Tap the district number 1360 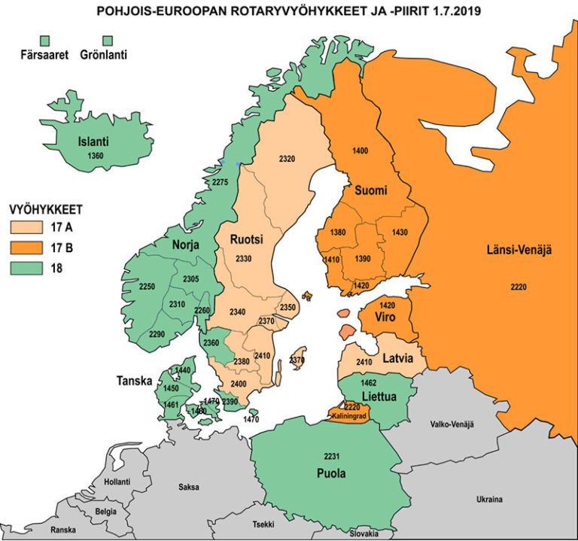click(x=96, y=156)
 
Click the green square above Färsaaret click(x=45, y=39)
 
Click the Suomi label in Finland click(x=371, y=190)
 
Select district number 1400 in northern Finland click(x=360, y=152)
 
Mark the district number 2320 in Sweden click(x=287, y=159)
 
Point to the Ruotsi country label click(x=245, y=240)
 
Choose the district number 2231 click(x=332, y=457)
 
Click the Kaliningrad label click(x=348, y=415)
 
